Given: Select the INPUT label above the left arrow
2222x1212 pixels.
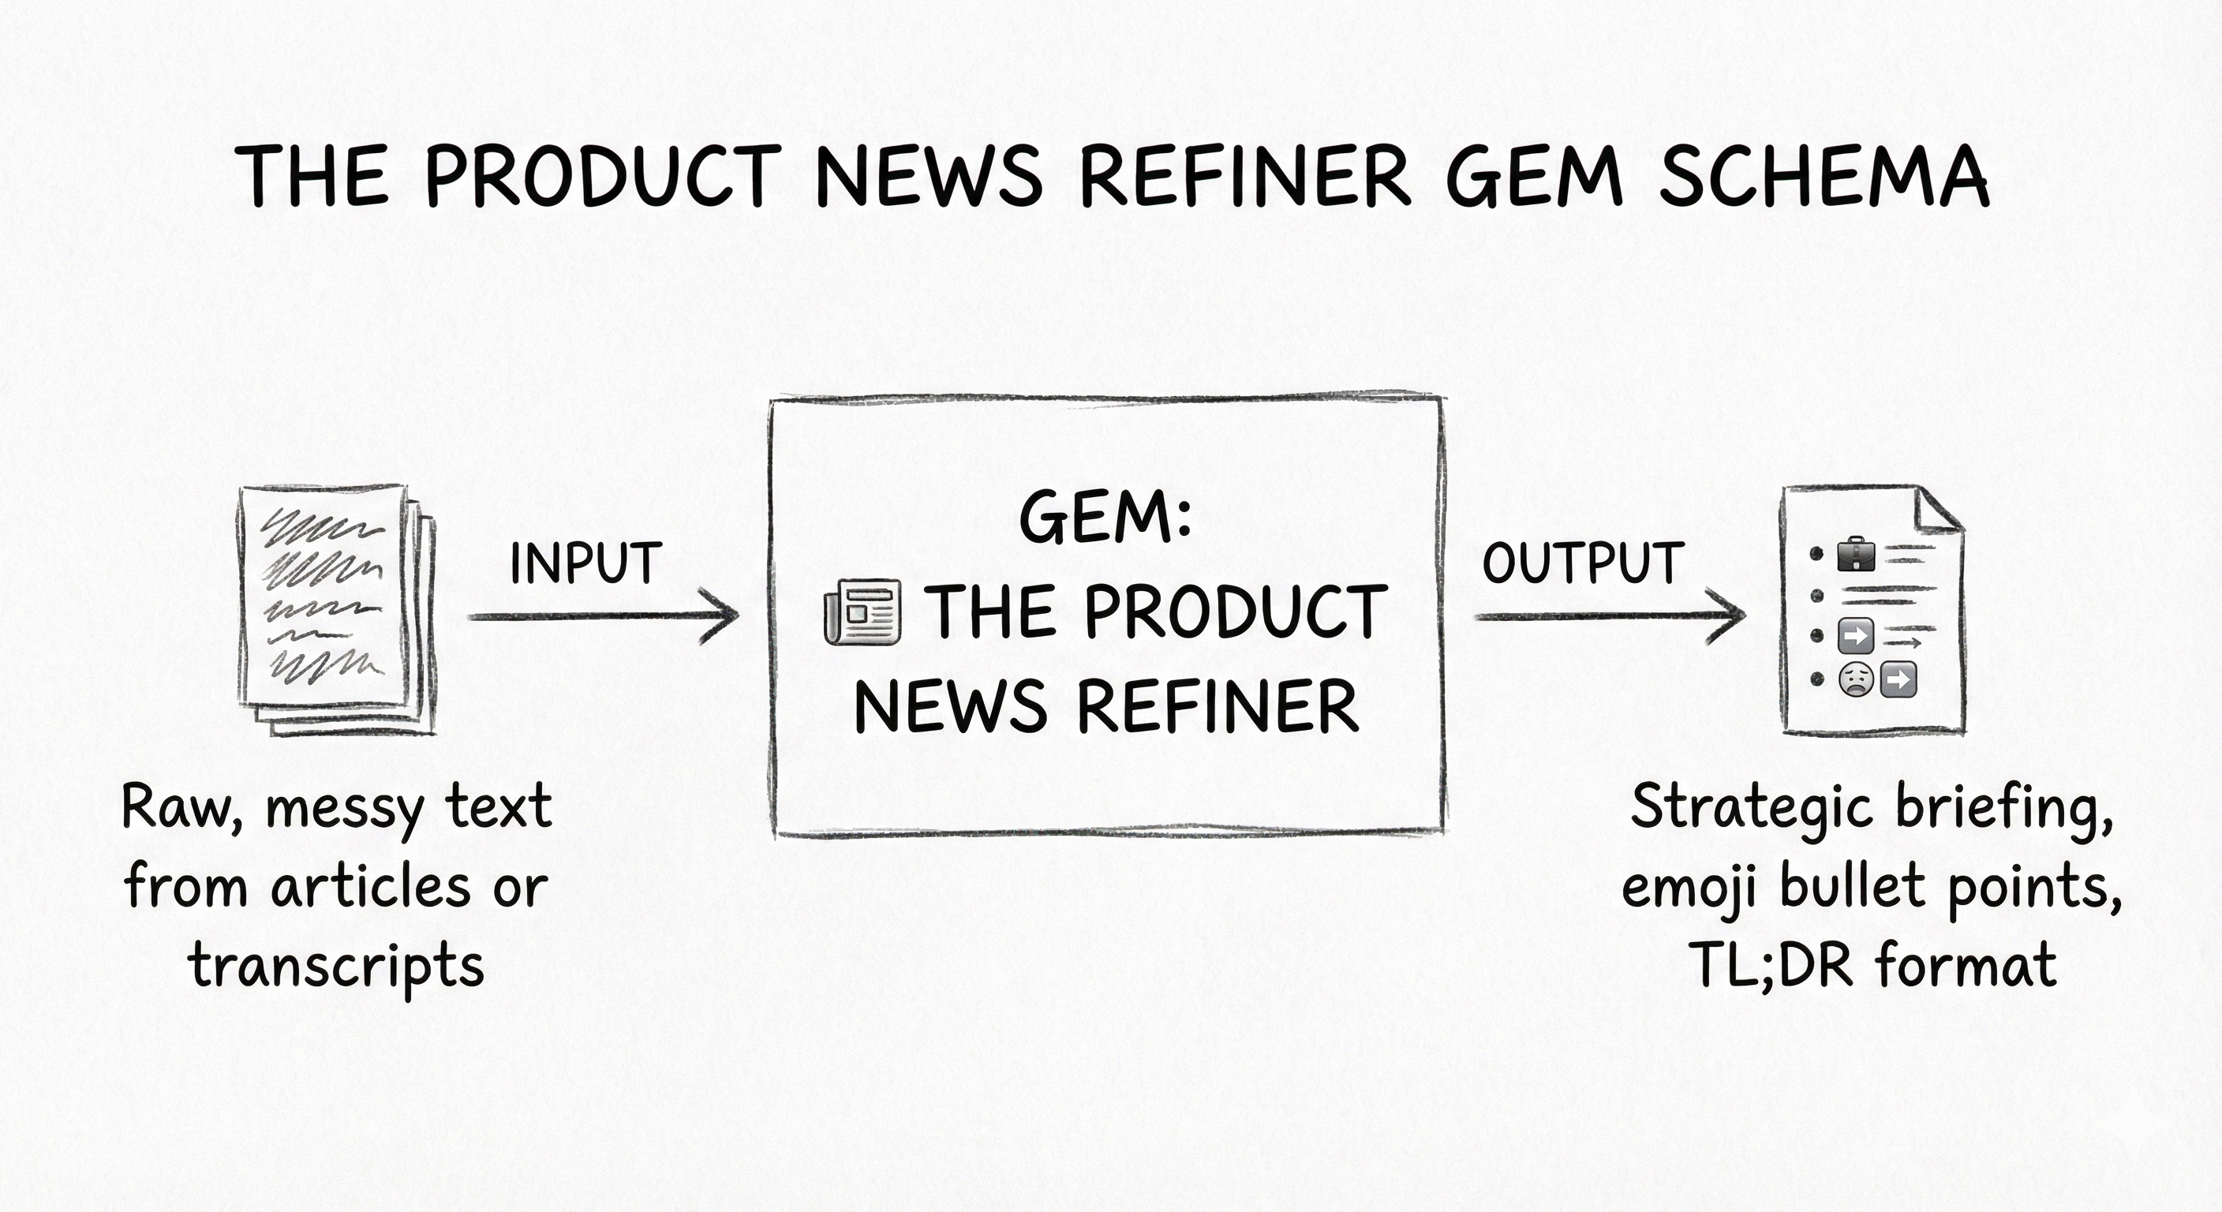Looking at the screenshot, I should click(x=585, y=564).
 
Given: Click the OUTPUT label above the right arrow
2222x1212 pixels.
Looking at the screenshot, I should click(x=1583, y=564).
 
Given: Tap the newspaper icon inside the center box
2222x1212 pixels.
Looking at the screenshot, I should click(x=862, y=612).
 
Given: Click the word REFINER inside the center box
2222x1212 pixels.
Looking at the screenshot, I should click(x=1218, y=707).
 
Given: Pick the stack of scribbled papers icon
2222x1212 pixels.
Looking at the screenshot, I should click(x=336, y=609).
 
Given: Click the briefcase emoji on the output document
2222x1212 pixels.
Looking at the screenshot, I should click(x=1856, y=555).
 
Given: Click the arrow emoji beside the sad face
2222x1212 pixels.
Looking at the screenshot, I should click(x=1897, y=679).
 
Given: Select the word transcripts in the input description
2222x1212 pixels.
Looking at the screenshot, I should click(x=336, y=966).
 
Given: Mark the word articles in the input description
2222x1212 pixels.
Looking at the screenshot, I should click(x=371, y=887).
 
